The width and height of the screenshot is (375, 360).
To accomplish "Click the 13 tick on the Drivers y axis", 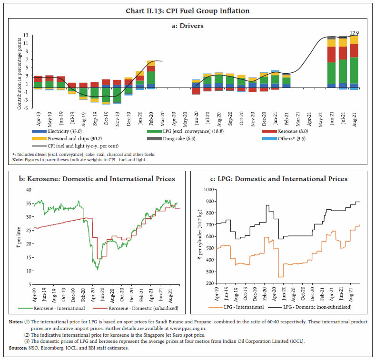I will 26,35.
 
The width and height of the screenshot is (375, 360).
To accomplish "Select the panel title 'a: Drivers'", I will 187,26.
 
